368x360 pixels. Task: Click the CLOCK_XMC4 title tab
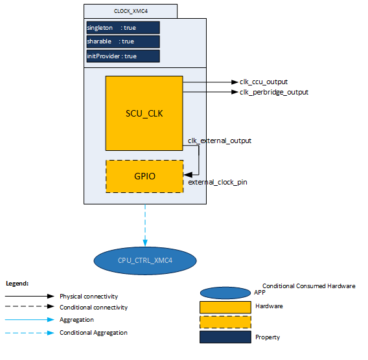click(x=130, y=11)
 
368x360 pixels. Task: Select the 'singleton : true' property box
click(x=123, y=28)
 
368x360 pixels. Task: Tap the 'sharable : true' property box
click(x=123, y=41)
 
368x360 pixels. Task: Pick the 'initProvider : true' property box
click(x=123, y=56)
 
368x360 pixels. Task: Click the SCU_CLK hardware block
click(x=144, y=113)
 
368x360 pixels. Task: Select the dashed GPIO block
click(x=144, y=176)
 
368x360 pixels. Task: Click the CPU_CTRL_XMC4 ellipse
click(x=145, y=260)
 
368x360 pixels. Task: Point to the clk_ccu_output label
click(x=264, y=82)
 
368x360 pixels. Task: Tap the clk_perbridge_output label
click(x=274, y=92)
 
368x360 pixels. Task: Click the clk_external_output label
click(x=220, y=141)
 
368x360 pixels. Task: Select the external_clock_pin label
click(x=218, y=182)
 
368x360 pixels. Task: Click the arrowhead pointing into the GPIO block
click(x=188, y=175)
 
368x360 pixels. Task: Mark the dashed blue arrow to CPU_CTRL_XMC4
click(x=145, y=225)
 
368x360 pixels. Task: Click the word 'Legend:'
click(x=17, y=284)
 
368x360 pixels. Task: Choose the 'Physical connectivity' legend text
click(x=89, y=297)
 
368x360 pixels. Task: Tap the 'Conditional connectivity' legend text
click(x=94, y=308)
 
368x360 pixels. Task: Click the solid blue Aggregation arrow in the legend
click(x=30, y=320)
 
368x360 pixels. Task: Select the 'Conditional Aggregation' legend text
click(x=93, y=333)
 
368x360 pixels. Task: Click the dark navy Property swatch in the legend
click(x=225, y=337)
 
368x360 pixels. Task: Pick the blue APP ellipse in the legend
click(x=225, y=293)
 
